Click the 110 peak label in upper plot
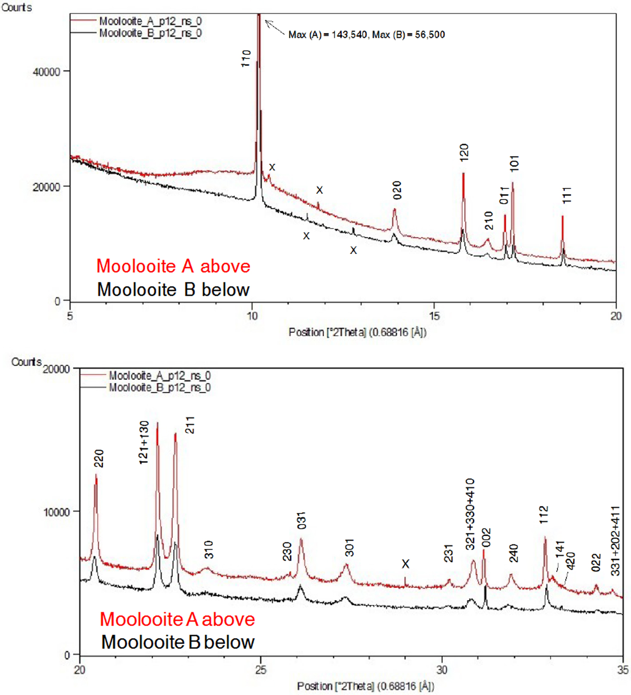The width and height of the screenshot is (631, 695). coord(246,59)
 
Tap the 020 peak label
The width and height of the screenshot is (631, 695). coord(397,190)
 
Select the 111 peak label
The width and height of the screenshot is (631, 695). coord(567,195)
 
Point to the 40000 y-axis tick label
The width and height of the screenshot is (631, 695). coord(46,72)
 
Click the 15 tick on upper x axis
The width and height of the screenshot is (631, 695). coord(434,316)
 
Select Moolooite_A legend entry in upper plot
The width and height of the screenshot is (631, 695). coord(150,21)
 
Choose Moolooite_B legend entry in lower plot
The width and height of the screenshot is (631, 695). coord(160,388)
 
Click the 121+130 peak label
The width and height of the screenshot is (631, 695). coord(144,442)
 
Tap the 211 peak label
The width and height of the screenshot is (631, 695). coord(190,425)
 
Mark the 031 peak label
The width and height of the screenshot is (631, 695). coord(302,520)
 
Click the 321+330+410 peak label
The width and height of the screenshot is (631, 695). coord(470,514)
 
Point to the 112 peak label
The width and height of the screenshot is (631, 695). coord(544,514)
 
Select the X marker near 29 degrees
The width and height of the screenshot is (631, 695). coord(406,564)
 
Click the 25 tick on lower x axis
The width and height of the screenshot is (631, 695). coord(261,670)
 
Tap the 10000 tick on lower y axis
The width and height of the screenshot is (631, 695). coord(56,512)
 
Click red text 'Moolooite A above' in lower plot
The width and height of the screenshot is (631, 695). coord(177,619)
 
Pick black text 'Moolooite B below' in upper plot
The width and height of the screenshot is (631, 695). coord(173,290)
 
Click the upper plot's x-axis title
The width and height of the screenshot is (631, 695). coord(357,333)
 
